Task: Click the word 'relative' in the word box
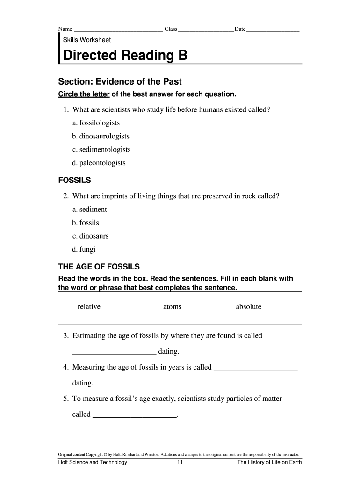tap(89, 307)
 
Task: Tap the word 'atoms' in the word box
tap(172, 307)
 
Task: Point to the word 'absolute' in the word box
tap(248, 307)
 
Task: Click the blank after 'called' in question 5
tap(135, 416)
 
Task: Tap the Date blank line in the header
tap(273, 30)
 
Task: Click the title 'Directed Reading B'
tap(125, 56)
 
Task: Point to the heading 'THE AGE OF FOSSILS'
tap(99, 267)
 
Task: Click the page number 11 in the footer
tap(180, 463)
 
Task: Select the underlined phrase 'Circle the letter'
tap(84, 94)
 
